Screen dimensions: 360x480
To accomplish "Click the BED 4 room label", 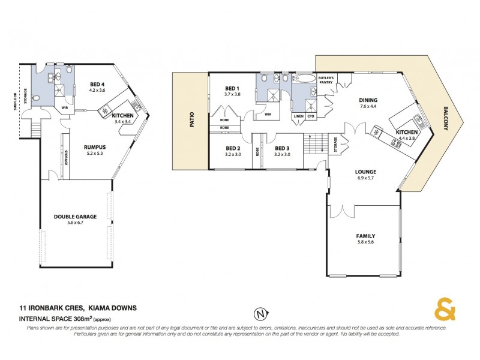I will point(97,84).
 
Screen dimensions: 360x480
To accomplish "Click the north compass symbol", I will point(259,314).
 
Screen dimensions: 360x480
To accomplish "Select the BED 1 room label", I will point(232,88).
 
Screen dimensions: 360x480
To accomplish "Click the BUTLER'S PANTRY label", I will point(326,80).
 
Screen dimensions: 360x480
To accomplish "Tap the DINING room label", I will point(368,100).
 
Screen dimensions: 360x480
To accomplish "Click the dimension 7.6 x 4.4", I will point(368,106).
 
